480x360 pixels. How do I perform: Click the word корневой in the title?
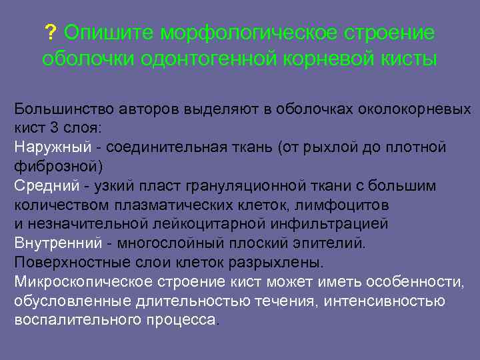click(323, 59)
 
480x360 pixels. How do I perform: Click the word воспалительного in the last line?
click(77, 320)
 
